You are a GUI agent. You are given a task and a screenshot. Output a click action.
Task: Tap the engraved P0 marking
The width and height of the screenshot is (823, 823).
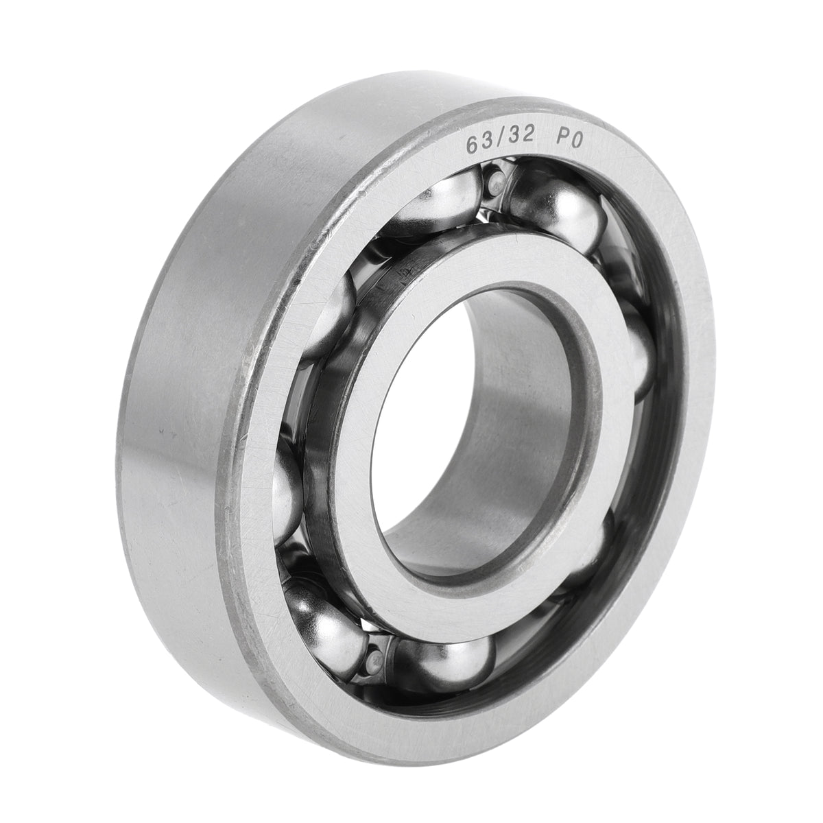point(569,140)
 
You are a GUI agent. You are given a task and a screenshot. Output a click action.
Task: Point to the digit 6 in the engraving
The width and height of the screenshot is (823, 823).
point(472,145)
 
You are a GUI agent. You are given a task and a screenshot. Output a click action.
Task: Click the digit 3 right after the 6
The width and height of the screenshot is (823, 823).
point(487,143)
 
